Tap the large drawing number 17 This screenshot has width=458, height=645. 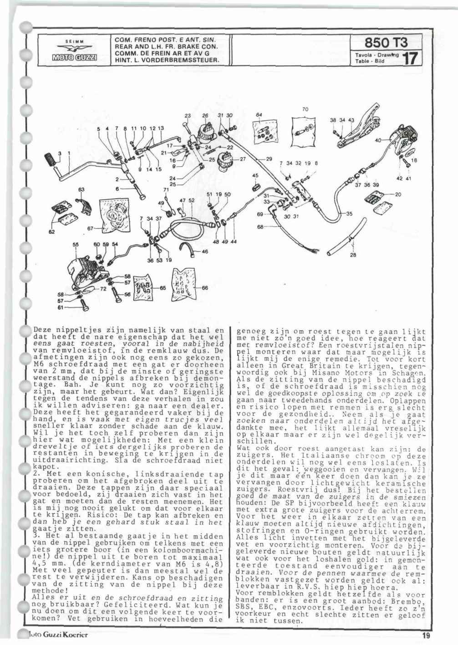(412, 59)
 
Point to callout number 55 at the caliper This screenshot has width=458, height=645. (75, 244)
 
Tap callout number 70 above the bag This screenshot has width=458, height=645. (305, 109)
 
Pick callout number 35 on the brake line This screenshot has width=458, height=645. (349, 213)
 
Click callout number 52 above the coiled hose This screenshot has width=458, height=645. (191, 200)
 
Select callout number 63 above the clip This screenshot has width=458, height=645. (81, 189)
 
